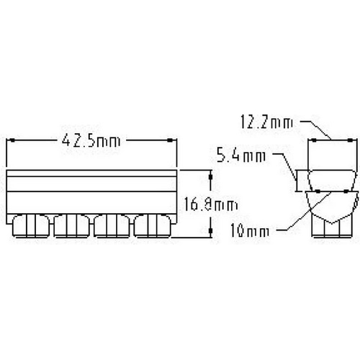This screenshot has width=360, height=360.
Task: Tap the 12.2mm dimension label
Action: (x=267, y=124)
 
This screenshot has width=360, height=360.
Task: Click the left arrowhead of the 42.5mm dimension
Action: (x=10, y=142)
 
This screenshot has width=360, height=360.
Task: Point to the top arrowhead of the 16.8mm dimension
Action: (x=210, y=174)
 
